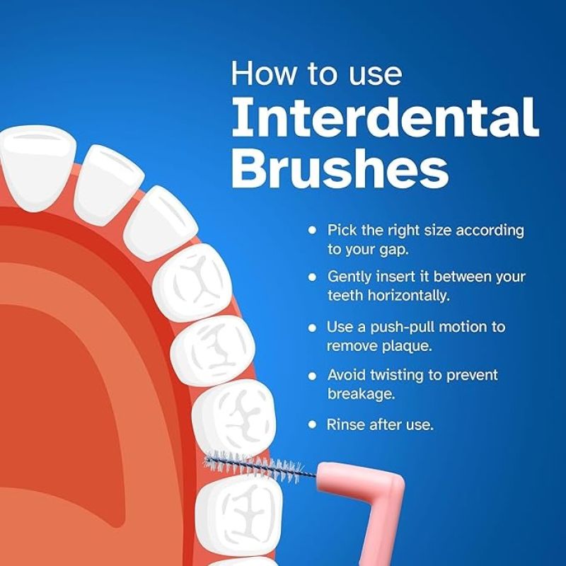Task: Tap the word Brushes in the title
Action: pyautogui.click(x=340, y=168)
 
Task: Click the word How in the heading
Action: pyautogui.click(x=262, y=74)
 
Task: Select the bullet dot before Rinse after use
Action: pyautogui.click(x=313, y=424)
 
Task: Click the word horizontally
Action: pyautogui.click(x=409, y=295)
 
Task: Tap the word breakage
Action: pyautogui.click(x=362, y=393)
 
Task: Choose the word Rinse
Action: pyautogui.click(x=346, y=424)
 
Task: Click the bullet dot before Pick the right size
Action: pyautogui.click(x=313, y=230)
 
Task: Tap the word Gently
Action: pyautogui.click(x=350, y=277)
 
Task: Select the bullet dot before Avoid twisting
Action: pyautogui.click(x=313, y=376)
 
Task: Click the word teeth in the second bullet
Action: pyautogui.click(x=346, y=295)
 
